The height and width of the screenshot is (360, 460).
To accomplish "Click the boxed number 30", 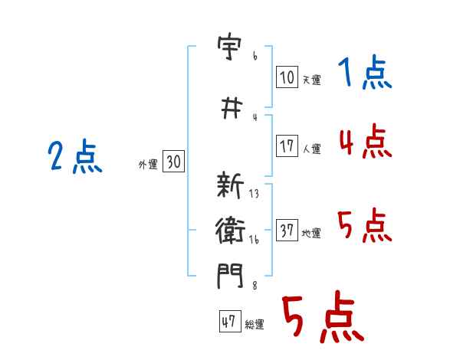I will point(173,162).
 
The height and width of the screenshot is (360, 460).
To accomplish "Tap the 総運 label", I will point(254,325).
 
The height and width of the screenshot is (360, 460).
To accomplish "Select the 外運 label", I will point(147,164).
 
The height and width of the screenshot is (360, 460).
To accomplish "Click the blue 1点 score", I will point(365,74).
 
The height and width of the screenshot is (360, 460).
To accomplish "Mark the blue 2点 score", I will point(75,159).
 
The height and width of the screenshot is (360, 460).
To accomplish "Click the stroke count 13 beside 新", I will point(254,194).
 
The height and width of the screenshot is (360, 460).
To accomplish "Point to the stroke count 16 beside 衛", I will point(254,240).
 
